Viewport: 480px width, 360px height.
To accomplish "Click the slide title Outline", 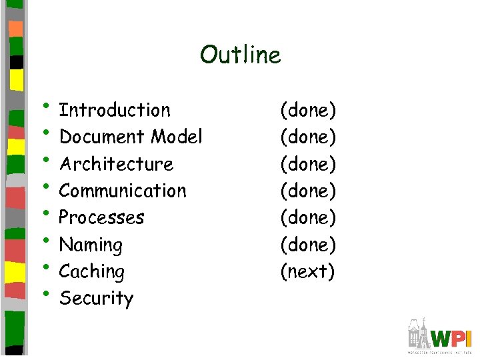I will coord(240,55).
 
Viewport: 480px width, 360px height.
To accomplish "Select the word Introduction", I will coord(115,110).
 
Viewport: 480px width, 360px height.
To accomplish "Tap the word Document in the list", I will coord(102,137).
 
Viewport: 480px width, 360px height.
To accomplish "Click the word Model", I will coord(176,137).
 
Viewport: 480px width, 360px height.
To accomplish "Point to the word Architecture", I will coord(116,164).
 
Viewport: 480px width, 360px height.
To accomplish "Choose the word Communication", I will coord(123,191).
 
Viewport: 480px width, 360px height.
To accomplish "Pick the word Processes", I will coord(101,217).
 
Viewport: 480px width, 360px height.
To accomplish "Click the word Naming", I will coord(91,245).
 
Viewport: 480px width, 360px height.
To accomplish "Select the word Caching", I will coord(91,272).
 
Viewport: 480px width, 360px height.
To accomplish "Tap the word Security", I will coord(96,299).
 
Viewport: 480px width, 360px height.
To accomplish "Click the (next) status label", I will coord(307,272).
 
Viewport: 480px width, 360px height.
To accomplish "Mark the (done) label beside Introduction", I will coord(308,110).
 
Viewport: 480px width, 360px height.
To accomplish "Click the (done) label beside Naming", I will coord(308,245).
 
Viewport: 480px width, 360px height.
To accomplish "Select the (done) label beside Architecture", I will coord(308,164).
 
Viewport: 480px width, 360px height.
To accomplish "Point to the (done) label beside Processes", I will coord(308,217).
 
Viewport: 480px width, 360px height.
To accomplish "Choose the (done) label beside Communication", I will coord(308,191).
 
